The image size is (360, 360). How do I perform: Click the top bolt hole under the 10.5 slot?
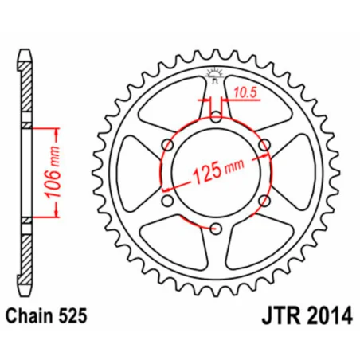pos(216,120)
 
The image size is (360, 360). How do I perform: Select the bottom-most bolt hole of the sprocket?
pos(216,229)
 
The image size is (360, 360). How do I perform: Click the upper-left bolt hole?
pos(168,146)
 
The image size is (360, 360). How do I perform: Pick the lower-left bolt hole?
pos(168,202)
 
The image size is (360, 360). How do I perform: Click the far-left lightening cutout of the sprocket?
pos(135,174)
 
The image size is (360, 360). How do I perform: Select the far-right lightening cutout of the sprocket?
pos(296,174)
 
